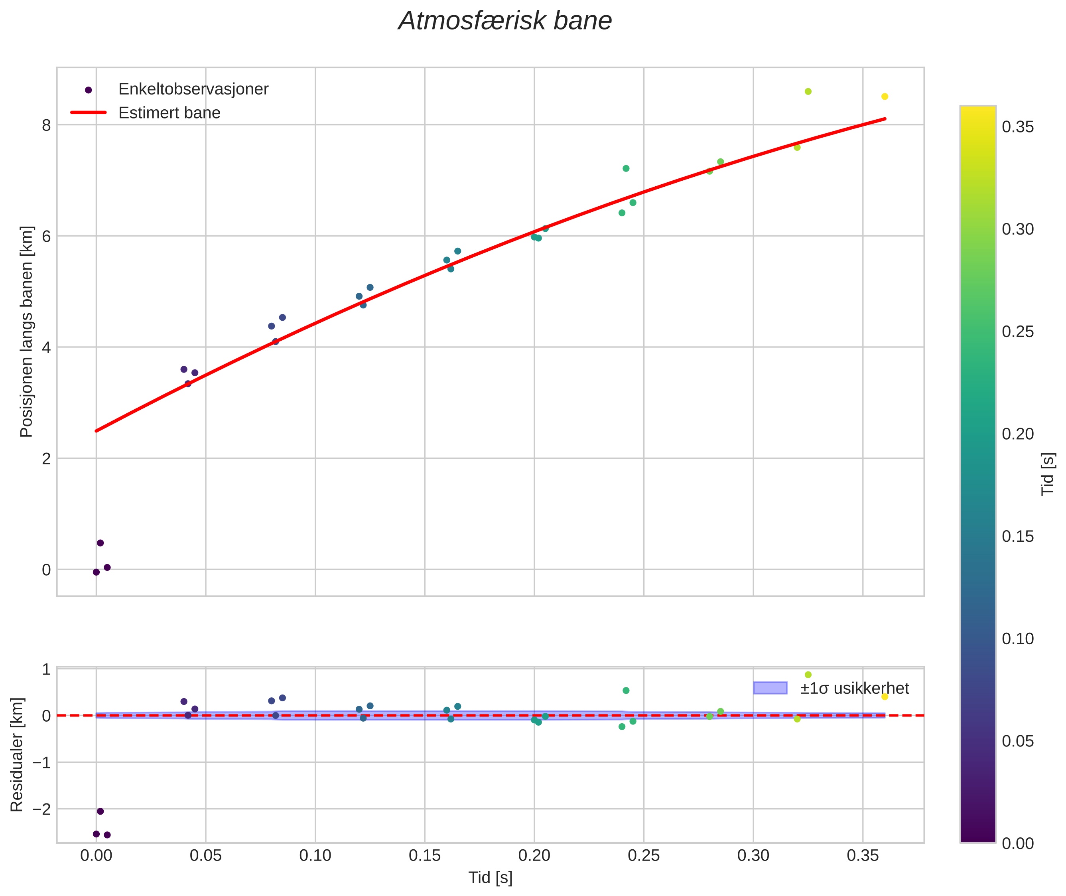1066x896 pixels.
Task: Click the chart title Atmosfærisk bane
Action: click(505, 21)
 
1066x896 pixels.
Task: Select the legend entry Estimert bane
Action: click(169, 113)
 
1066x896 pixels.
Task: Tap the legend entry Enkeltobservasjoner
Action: click(193, 89)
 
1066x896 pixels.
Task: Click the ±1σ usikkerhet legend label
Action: click(854, 688)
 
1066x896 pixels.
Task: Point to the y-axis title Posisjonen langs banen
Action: click(26, 332)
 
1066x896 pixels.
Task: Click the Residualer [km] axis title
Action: click(17, 755)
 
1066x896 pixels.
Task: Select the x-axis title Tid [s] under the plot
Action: click(490, 877)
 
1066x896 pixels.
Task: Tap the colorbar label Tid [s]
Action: click(1047, 474)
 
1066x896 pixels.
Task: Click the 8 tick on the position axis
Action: click(47, 125)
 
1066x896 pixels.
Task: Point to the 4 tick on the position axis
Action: click(47, 347)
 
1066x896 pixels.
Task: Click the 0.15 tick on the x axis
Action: click(425, 856)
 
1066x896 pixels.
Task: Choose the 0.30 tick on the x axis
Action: click(753, 856)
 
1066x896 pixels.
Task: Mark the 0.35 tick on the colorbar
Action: click(1018, 127)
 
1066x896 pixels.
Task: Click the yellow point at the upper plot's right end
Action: click(885, 97)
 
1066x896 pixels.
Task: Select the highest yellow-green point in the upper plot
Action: click(808, 91)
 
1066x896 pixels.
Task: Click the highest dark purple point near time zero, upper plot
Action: click(100, 543)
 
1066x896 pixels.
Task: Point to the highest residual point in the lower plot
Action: click(808, 675)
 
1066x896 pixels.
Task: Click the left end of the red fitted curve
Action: click(97, 431)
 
